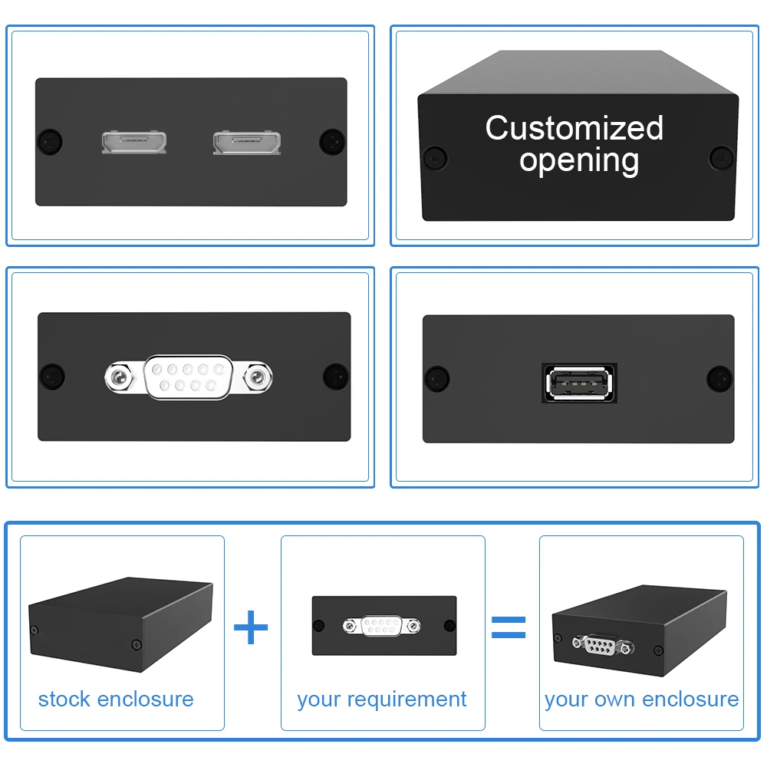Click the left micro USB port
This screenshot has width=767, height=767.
point(134,142)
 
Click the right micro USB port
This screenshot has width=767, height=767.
point(246,142)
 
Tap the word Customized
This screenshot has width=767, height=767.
point(574,128)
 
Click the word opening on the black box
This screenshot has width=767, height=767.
point(579,160)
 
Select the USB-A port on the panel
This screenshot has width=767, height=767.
point(579,383)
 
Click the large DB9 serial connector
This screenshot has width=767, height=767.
point(189,376)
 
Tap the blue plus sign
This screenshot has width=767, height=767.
point(251,628)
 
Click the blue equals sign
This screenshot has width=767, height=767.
point(508,627)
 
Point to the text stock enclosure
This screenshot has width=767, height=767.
point(116,699)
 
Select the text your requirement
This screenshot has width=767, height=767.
point(381,699)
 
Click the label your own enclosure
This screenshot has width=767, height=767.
point(641,699)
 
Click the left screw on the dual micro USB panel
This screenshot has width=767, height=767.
point(51,141)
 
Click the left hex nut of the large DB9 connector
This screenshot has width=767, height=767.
point(119,377)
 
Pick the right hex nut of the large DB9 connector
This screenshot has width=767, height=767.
point(258,377)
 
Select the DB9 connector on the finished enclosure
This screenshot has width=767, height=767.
point(604,644)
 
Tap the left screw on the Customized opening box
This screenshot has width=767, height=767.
point(435,157)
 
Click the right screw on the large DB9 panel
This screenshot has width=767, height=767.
point(335,376)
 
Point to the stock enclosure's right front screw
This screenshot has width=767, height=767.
point(137,643)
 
